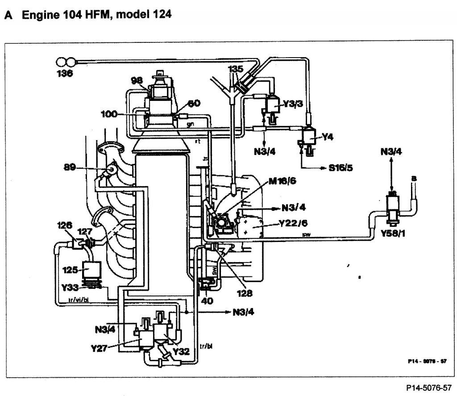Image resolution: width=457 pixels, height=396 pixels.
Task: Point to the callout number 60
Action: tap(195, 104)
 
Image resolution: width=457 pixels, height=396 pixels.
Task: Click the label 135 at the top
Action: tap(236, 69)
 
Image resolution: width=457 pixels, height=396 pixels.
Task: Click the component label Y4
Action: tap(328, 137)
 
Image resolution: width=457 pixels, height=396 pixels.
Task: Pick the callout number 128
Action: tap(244, 293)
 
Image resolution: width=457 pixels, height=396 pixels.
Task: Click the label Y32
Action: tap(182, 351)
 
